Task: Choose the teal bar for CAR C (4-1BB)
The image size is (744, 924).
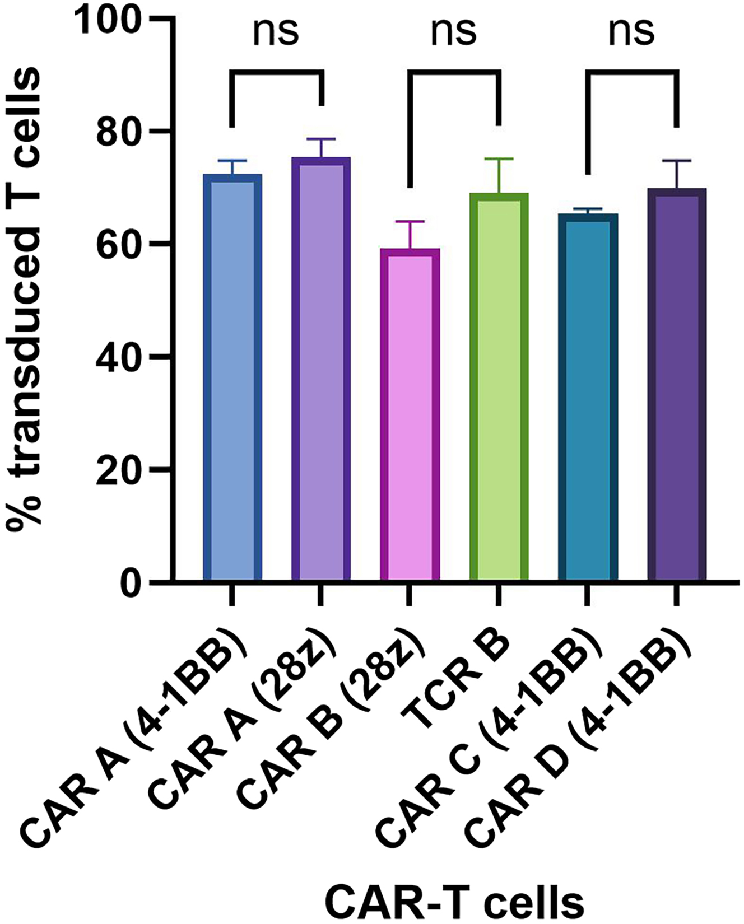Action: [x=588, y=398]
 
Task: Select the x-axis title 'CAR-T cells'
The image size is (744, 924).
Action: [x=454, y=900]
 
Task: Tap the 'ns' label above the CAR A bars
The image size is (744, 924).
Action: [x=276, y=32]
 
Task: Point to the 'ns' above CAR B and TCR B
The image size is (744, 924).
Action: [x=454, y=32]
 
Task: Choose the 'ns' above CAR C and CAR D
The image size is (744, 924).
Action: [x=632, y=32]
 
